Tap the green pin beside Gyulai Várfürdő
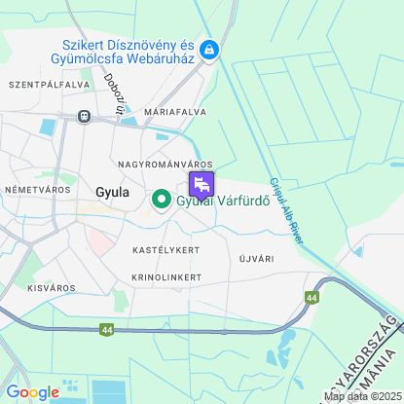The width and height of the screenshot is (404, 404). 160,202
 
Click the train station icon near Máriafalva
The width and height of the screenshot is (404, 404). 85,116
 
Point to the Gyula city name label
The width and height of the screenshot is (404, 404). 112,192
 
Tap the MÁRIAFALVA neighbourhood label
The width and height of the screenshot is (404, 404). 174,113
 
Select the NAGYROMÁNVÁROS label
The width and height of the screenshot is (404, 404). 164,164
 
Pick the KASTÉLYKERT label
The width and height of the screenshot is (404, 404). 165,250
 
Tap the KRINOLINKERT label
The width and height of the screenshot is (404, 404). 166,277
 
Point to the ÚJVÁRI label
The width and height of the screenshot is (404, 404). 257,259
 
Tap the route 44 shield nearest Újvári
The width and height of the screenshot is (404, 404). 311,298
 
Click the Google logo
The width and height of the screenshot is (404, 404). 32,391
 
